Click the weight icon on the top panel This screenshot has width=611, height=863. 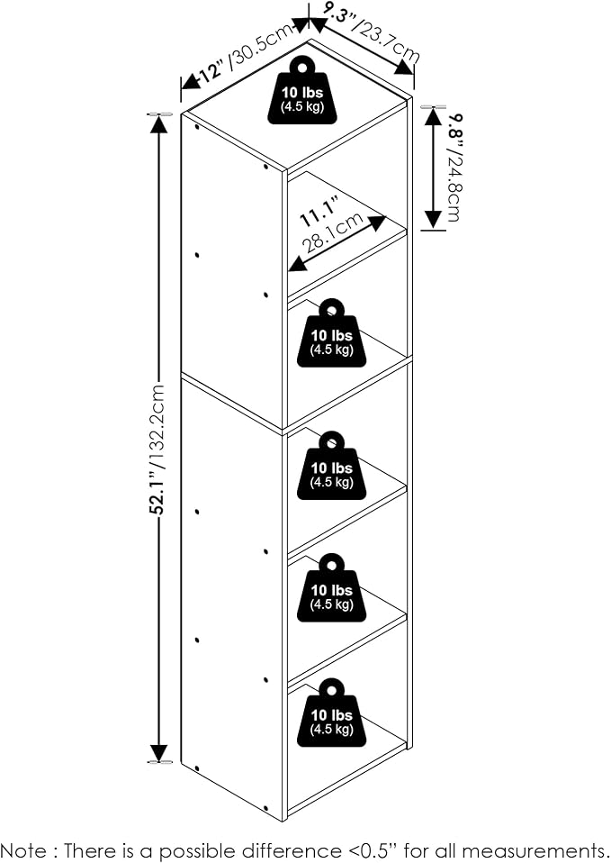[x=302, y=90]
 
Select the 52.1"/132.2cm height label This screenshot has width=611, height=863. [x=158, y=450]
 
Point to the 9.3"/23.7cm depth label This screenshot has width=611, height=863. [x=372, y=32]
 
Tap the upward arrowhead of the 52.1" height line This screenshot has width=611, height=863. [x=158, y=125]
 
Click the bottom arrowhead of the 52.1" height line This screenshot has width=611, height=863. [x=158, y=752]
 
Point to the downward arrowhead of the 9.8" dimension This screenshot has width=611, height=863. [x=434, y=219]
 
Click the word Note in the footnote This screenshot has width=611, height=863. [x=24, y=849]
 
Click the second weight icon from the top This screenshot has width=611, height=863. [x=332, y=333]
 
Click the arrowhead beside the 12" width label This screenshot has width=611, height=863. [x=190, y=81]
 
